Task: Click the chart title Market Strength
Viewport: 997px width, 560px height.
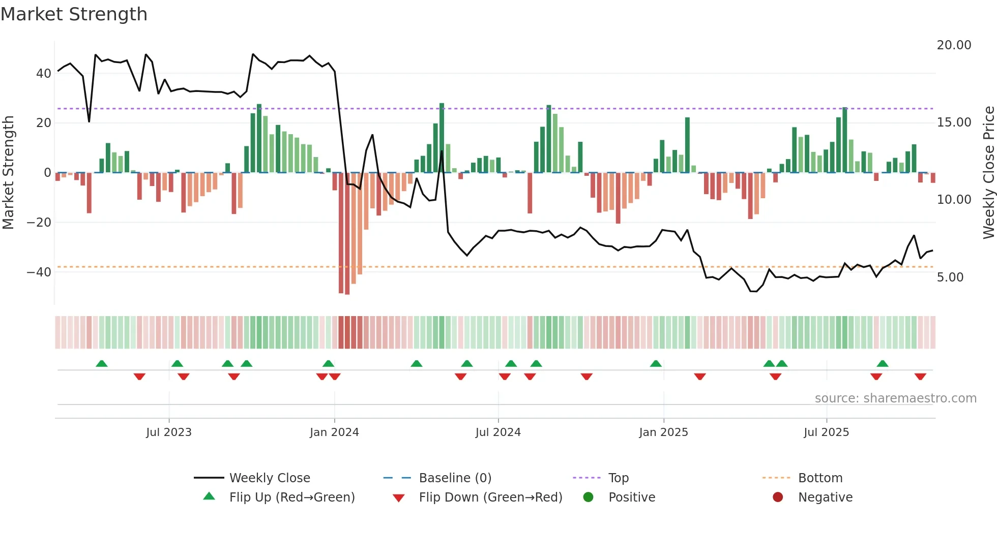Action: (74, 14)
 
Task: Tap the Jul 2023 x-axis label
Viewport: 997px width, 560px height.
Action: (168, 432)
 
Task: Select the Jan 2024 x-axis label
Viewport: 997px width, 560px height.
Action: (334, 432)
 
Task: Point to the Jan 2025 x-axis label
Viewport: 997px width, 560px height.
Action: (663, 432)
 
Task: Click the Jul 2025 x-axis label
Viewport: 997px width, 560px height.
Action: (826, 432)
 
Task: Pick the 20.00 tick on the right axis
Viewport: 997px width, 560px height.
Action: (954, 45)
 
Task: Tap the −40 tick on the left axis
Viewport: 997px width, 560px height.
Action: (39, 272)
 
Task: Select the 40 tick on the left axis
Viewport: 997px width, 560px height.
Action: (43, 74)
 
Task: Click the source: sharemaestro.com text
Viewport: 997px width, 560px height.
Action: (895, 398)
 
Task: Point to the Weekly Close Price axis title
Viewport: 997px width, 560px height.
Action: (988, 173)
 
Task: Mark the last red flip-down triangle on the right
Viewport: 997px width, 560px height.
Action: (920, 377)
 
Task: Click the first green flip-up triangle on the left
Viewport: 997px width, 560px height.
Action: (102, 363)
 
